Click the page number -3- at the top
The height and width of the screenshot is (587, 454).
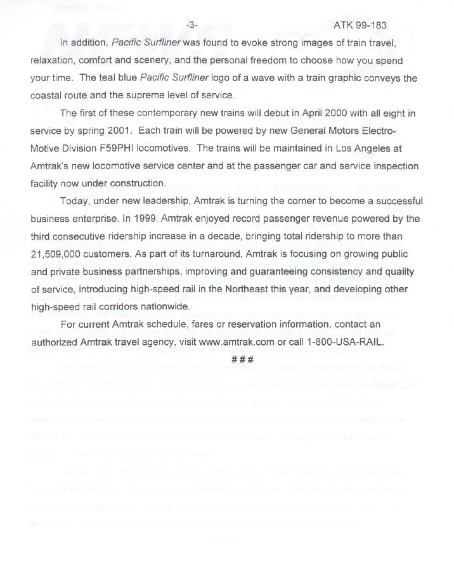(192, 25)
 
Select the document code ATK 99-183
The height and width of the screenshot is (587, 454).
(360, 25)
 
